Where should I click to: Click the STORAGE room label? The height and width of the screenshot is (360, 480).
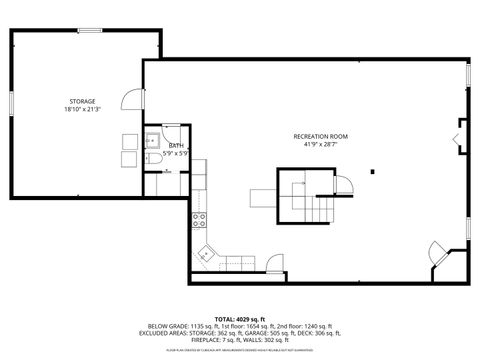[x=82, y=101]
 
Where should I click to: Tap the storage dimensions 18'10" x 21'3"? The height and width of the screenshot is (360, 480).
[x=82, y=109]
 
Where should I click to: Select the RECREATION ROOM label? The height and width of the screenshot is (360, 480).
[x=319, y=135]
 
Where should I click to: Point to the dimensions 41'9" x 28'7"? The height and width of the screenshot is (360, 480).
[x=319, y=143]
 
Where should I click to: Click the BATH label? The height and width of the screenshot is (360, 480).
[x=176, y=146]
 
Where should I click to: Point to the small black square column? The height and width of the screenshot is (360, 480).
[x=373, y=171]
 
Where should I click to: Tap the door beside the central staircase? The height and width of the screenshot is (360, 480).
[x=343, y=185]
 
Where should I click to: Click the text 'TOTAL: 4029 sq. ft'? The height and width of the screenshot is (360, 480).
[x=240, y=318]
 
